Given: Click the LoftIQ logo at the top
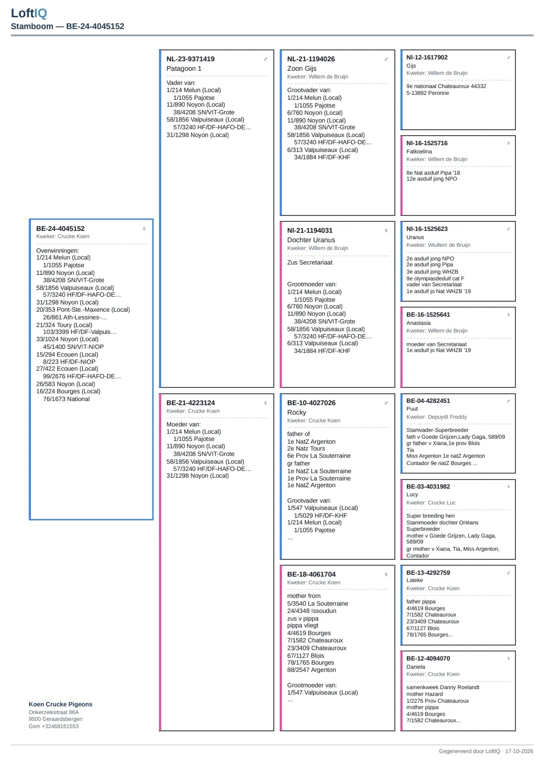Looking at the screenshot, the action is click(29, 13).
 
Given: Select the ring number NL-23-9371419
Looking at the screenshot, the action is click(190, 59).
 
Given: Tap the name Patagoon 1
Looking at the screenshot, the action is click(184, 68).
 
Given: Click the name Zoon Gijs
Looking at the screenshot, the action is click(301, 68).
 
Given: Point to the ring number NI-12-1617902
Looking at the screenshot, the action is click(427, 58).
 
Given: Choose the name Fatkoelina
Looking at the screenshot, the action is click(419, 152).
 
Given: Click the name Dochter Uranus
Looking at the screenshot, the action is click(311, 240).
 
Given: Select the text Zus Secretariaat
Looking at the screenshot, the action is click(310, 262).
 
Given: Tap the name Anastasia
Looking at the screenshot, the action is click(418, 323).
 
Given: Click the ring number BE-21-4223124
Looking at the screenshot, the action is click(191, 403).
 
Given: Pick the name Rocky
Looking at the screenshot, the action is click(296, 412).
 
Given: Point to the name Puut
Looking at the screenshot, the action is click(412, 409).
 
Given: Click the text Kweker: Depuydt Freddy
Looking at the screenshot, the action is click(437, 417).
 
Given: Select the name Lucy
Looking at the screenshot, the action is click(412, 494).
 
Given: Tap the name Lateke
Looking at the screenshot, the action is click(415, 580).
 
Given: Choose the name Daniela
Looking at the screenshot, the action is click(416, 666).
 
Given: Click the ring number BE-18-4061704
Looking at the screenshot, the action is click(311, 574).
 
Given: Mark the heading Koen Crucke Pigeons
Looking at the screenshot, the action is click(60, 704).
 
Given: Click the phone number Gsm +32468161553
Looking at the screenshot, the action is click(53, 726).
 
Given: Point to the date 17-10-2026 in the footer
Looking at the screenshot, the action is click(519, 751).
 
